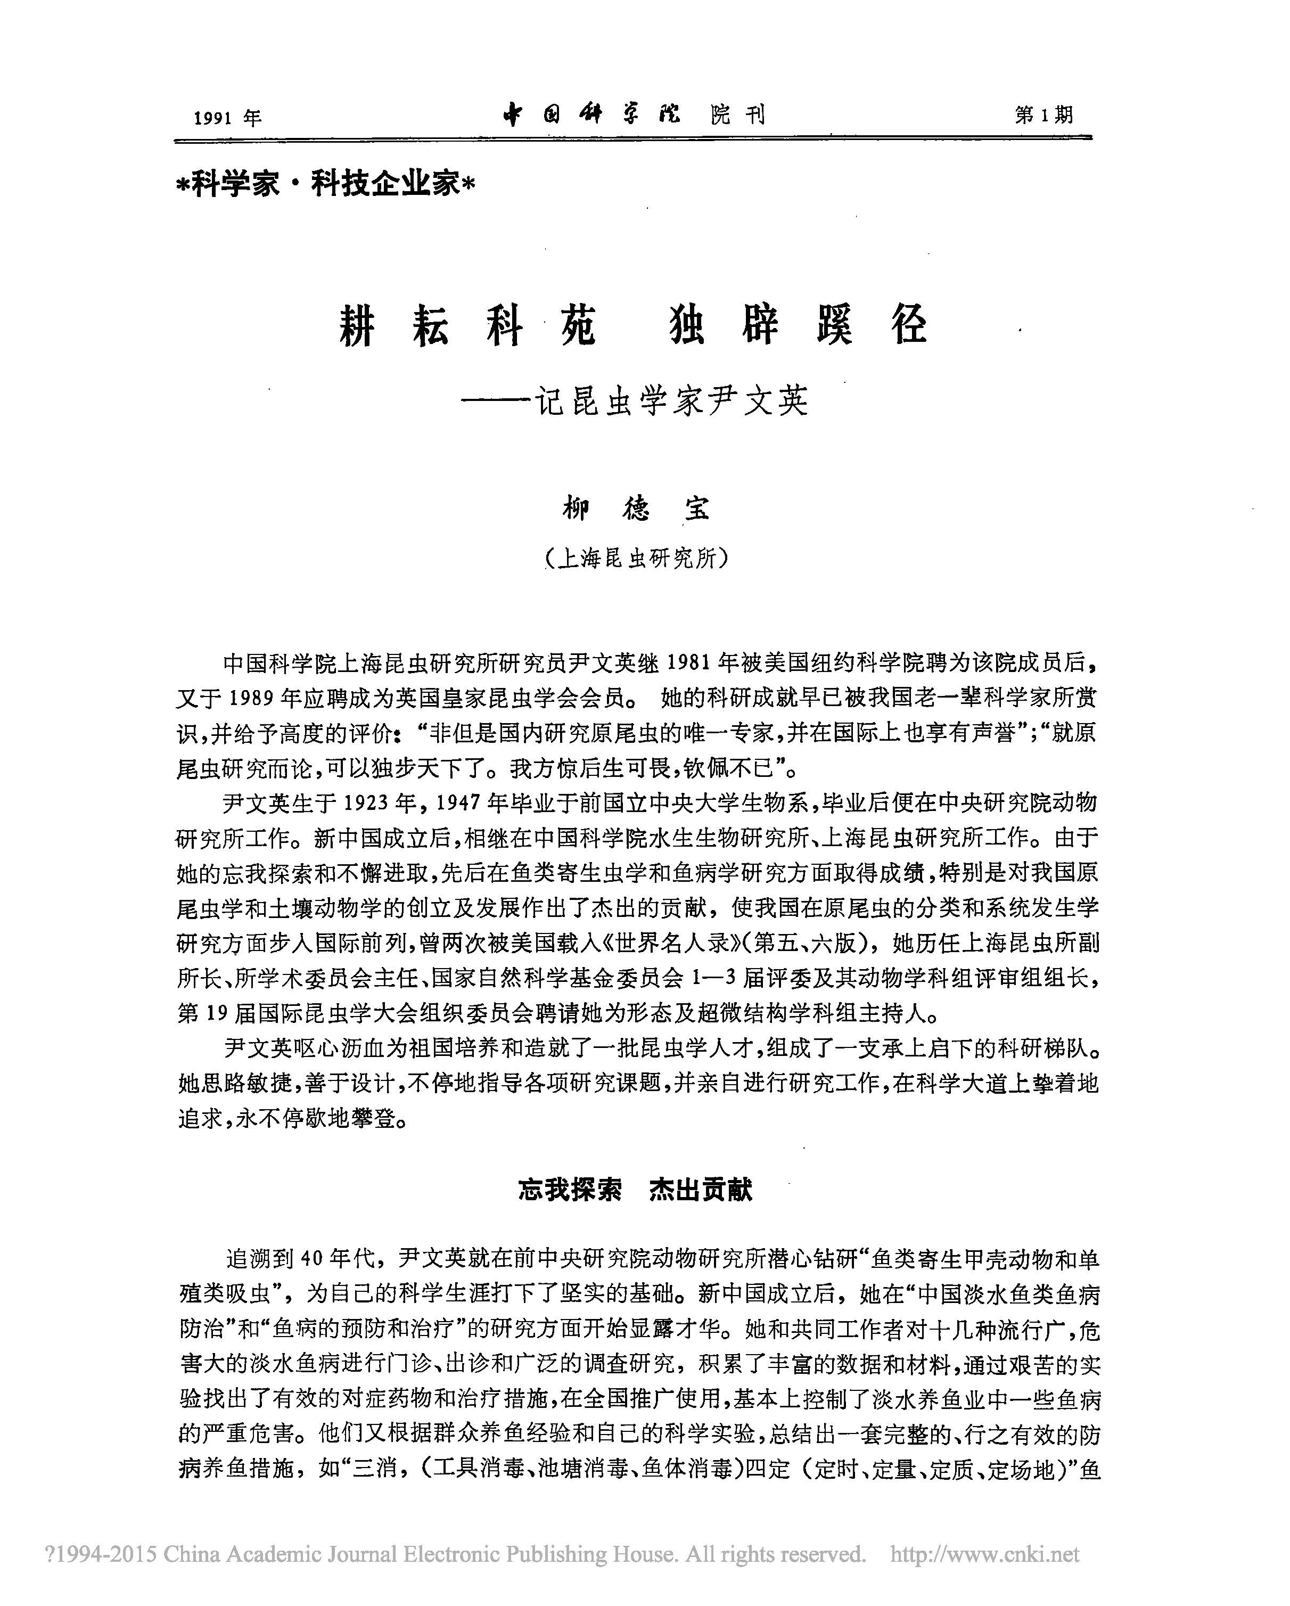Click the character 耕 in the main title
358,326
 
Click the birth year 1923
369,803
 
